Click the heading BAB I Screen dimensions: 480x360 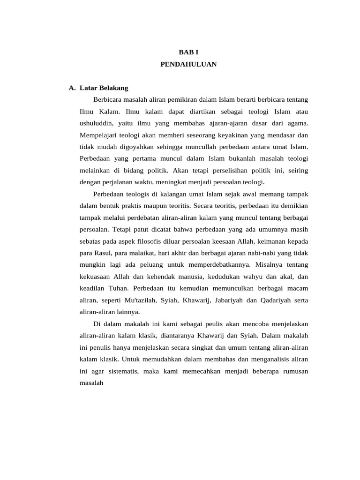coord(188,52)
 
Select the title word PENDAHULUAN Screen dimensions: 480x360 coord(188,64)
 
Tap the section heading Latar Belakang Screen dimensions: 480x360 coord(104,88)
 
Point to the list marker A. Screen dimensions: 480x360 coord(72,88)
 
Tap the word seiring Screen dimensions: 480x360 coord(297,170)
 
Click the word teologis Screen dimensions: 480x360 coord(136,194)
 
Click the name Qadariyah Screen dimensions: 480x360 coord(275,300)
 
